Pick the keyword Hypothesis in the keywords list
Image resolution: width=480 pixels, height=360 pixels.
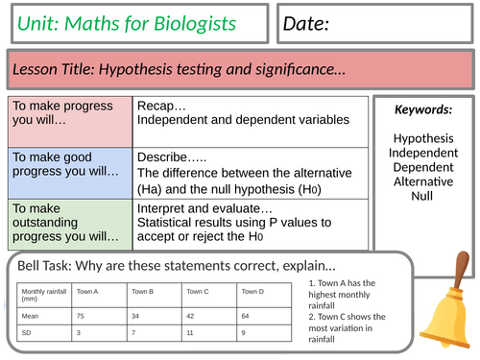click(x=422, y=137)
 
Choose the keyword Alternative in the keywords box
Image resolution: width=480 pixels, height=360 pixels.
click(x=422, y=180)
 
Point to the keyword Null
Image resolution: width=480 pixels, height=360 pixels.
click(x=422, y=196)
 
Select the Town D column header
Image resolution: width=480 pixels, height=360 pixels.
click(x=252, y=292)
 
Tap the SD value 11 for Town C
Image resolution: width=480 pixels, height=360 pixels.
click(x=191, y=332)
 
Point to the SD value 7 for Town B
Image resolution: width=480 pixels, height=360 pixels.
click(x=135, y=332)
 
